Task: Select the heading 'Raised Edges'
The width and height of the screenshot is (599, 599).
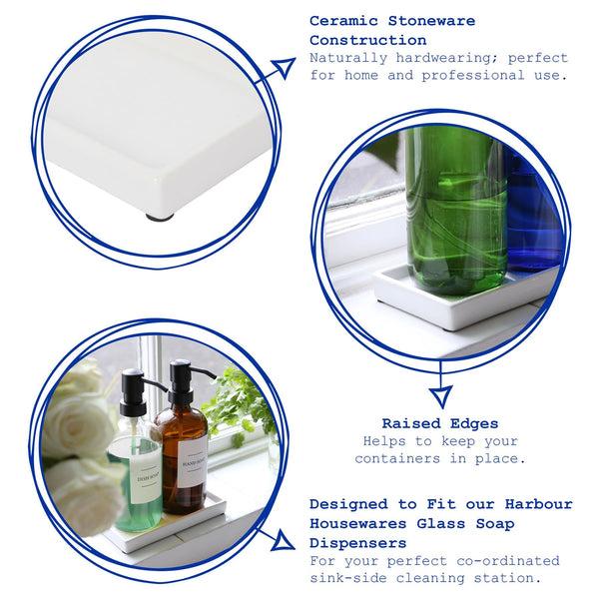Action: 440,422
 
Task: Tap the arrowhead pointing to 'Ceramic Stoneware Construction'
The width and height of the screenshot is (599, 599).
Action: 286,68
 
